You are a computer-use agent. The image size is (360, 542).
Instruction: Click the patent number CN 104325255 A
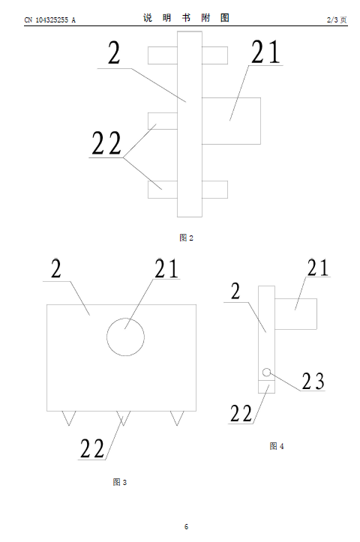point(49,20)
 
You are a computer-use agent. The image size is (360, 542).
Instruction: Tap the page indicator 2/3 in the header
point(332,19)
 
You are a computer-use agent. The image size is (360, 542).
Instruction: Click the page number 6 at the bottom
point(187,526)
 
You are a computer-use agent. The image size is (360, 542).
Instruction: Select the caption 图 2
point(187,238)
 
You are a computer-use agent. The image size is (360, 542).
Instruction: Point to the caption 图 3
point(120,482)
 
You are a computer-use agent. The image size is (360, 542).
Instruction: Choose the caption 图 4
point(277,446)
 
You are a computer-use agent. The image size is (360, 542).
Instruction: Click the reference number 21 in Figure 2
point(265,52)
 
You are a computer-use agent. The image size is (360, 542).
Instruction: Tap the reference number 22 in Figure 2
point(106,142)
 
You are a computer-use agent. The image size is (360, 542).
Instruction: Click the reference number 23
point(313,382)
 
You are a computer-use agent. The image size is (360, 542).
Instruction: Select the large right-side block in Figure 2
point(231,121)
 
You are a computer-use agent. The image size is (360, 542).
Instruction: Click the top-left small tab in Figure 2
point(163,55)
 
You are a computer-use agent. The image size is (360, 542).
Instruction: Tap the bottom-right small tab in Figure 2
point(214,190)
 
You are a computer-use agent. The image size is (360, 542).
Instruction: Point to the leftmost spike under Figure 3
point(69,418)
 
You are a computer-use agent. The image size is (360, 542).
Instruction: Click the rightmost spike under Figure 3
point(177,418)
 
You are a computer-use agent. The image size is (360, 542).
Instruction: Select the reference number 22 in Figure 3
point(92,448)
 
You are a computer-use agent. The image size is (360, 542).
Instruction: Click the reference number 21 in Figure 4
point(318,268)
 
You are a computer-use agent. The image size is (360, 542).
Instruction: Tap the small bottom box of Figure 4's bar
point(267,387)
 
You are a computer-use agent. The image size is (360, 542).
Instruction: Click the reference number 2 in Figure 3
point(56,268)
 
